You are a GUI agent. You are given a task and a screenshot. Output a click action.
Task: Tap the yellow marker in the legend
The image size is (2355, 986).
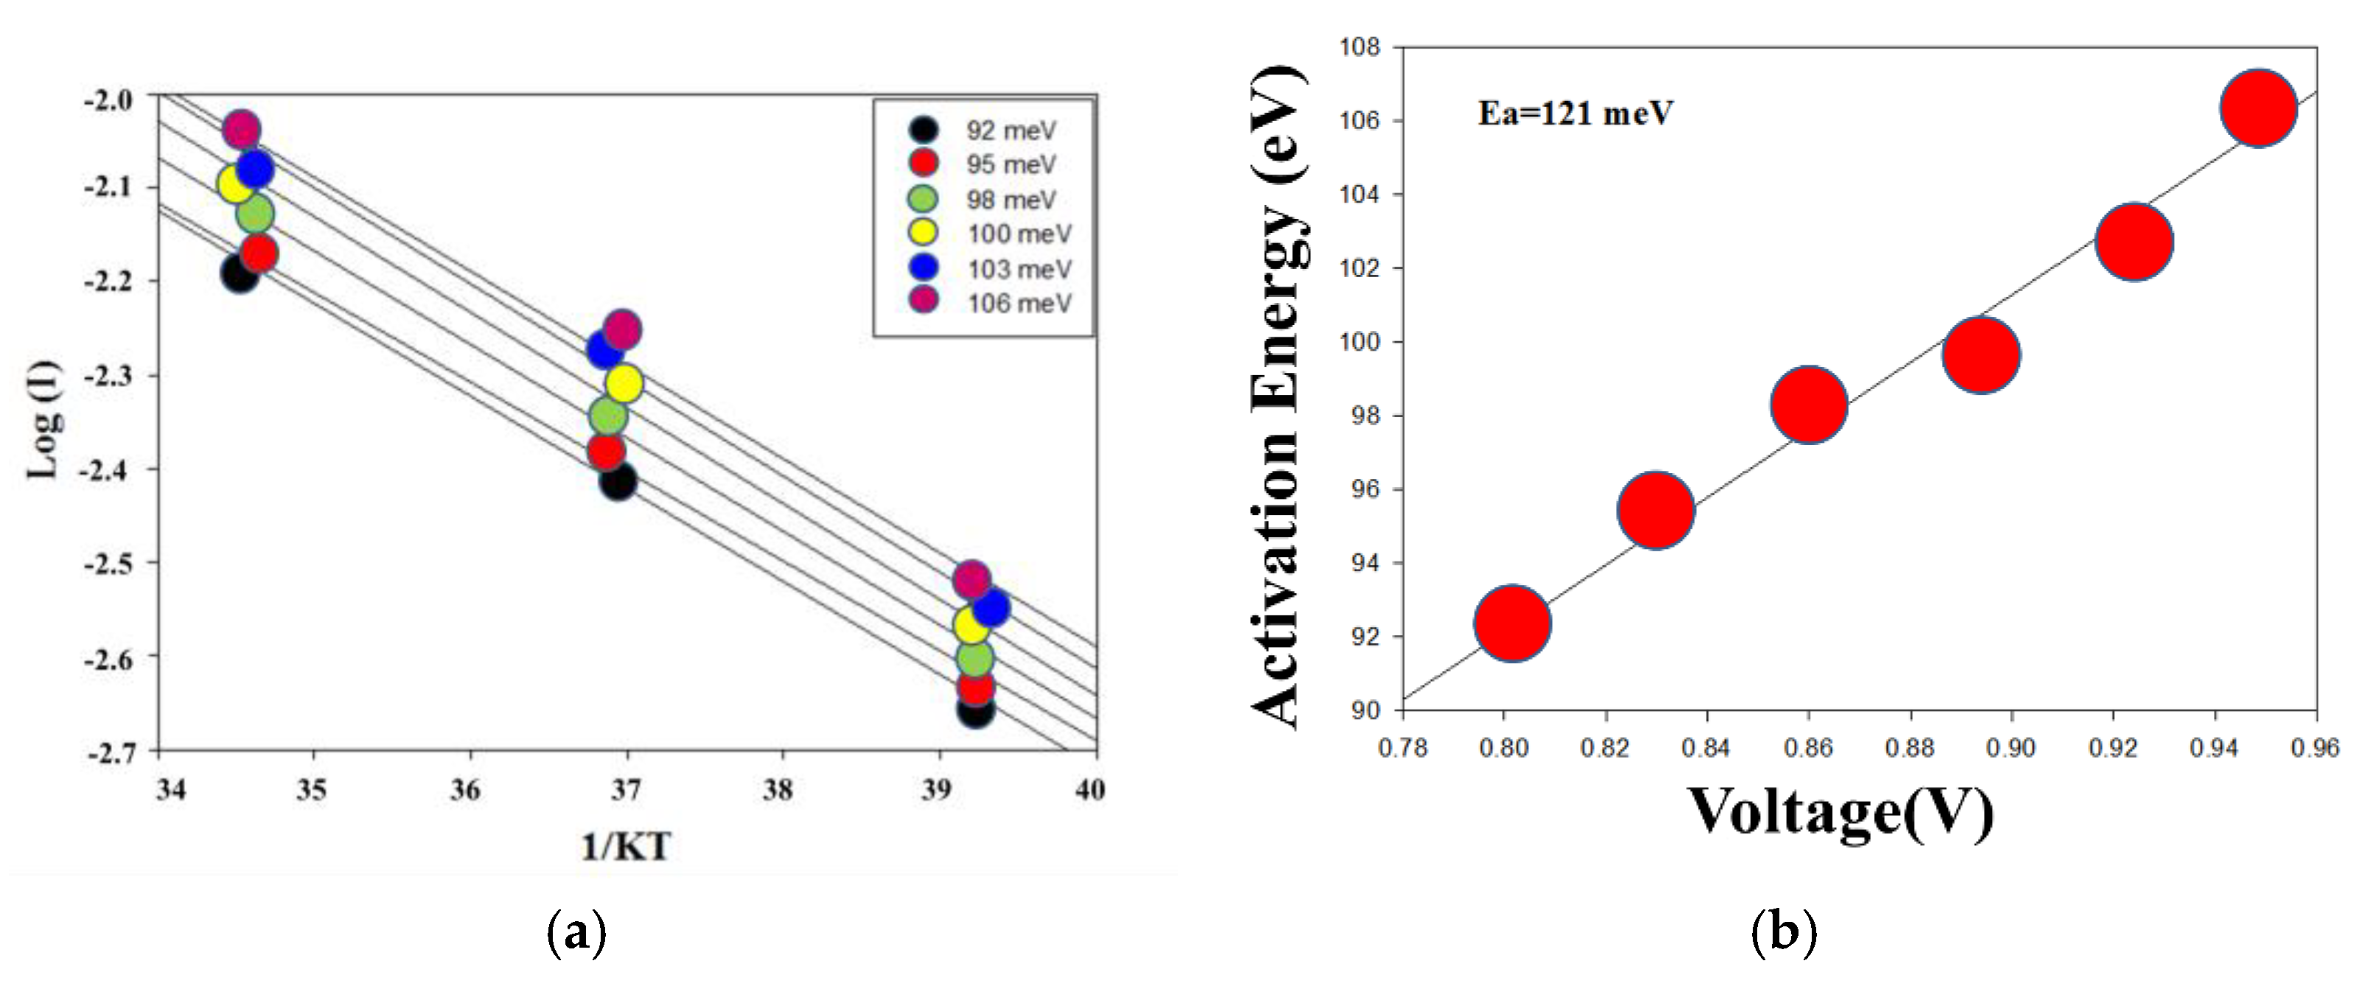tap(924, 232)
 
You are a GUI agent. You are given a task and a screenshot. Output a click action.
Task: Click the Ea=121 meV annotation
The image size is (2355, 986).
tap(1575, 113)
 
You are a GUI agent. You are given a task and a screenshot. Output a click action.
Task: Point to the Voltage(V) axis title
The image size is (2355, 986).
tap(1839, 811)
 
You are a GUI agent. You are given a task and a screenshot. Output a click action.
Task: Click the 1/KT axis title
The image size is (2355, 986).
tap(627, 846)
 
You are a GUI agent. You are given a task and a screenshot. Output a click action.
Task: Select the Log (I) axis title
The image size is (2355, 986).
tap(44, 420)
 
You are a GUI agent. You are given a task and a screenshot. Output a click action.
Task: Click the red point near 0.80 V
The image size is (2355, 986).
tap(1512, 623)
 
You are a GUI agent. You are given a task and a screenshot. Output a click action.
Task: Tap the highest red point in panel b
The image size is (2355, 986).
tap(2258, 108)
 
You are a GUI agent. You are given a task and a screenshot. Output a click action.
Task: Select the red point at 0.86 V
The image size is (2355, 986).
tap(1808, 405)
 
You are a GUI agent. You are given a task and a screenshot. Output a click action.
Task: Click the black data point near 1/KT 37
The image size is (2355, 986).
tap(618, 481)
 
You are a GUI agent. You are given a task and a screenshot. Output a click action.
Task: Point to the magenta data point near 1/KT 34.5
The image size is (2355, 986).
tap(240, 130)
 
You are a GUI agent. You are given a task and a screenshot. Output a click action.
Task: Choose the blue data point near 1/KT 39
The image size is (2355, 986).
tap(991, 608)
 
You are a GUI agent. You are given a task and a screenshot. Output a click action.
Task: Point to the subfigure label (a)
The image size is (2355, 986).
tap(575, 933)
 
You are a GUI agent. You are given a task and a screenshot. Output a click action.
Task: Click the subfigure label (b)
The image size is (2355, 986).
tap(1784, 933)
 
